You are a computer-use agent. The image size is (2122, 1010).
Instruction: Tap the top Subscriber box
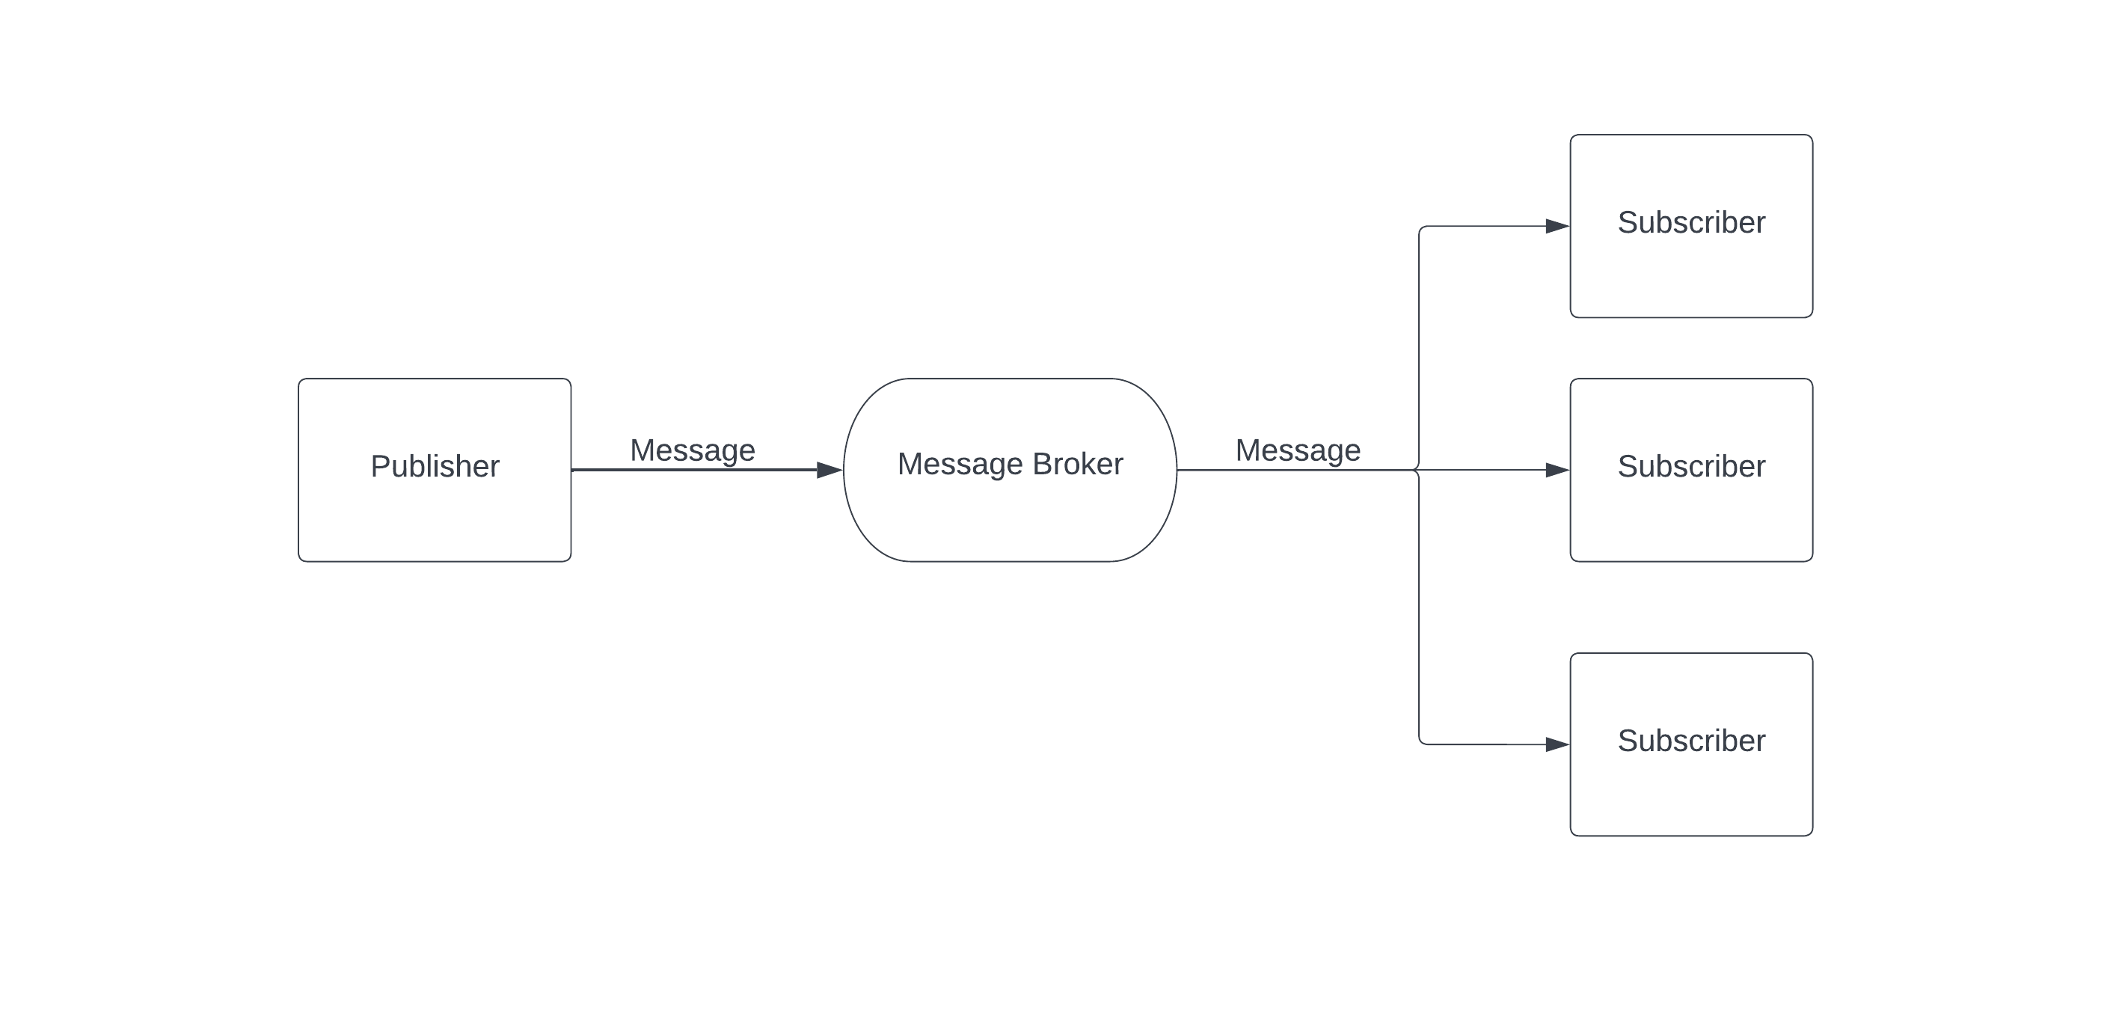(x=1690, y=272)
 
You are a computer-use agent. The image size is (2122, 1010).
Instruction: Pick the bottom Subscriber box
(x=1690, y=791)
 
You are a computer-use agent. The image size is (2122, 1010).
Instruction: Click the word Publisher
(x=435, y=466)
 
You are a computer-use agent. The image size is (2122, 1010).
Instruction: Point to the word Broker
(x=1078, y=464)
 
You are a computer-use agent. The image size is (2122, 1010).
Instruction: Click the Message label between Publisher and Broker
(x=692, y=450)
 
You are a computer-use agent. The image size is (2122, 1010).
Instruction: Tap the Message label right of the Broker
(x=1298, y=450)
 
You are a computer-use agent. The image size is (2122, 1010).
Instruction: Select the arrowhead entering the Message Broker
(x=829, y=471)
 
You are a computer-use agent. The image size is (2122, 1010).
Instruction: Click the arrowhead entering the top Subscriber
(x=1557, y=226)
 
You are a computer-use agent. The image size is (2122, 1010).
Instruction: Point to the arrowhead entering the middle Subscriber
(x=1557, y=471)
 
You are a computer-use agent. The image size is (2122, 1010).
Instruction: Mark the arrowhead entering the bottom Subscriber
(x=1557, y=744)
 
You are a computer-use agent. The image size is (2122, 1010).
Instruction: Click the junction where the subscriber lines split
(x=1417, y=471)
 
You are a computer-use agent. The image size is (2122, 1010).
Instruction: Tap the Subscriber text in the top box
(x=1691, y=222)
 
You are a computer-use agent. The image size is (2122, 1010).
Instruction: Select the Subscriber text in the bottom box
(x=1691, y=741)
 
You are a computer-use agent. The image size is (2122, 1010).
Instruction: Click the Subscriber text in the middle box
(x=1691, y=466)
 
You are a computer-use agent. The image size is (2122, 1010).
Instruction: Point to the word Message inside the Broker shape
(x=960, y=464)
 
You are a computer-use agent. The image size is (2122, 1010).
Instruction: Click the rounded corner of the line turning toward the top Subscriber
(x=1421, y=229)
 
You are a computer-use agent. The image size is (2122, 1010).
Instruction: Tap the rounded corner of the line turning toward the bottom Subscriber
(x=1421, y=741)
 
